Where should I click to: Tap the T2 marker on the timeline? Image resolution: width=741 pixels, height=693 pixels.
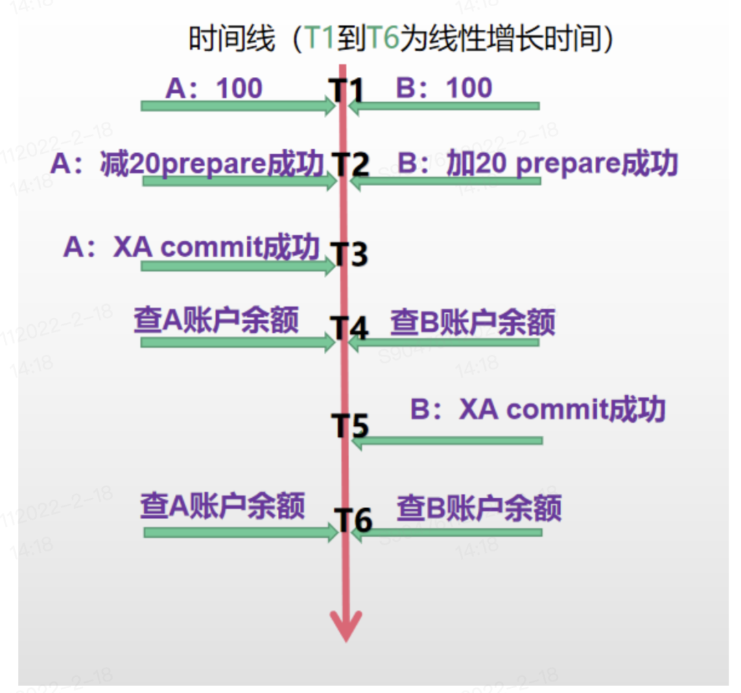pyautogui.click(x=351, y=165)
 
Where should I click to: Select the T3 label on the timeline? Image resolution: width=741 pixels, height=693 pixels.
pyautogui.click(x=351, y=253)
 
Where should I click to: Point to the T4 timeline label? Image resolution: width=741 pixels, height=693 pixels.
pyautogui.click(x=351, y=328)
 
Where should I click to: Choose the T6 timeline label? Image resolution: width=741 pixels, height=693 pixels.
pyautogui.click(x=353, y=521)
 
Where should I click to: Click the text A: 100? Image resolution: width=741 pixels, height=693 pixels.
pyautogui.click(x=213, y=89)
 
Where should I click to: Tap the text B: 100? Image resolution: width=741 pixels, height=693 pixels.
pyautogui.click(x=444, y=89)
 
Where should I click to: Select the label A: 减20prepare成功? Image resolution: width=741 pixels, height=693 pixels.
pyautogui.click(x=187, y=164)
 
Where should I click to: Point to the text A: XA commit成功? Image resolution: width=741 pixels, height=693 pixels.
pyautogui.click(x=191, y=247)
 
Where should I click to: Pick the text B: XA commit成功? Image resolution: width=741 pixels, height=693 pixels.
pyautogui.click(x=537, y=410)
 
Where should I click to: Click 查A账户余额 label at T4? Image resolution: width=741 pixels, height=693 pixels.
pyautogui.click(x=216, y=321)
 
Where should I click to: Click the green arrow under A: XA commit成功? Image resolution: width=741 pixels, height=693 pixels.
pyautogui.click(x=237, y=265)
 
